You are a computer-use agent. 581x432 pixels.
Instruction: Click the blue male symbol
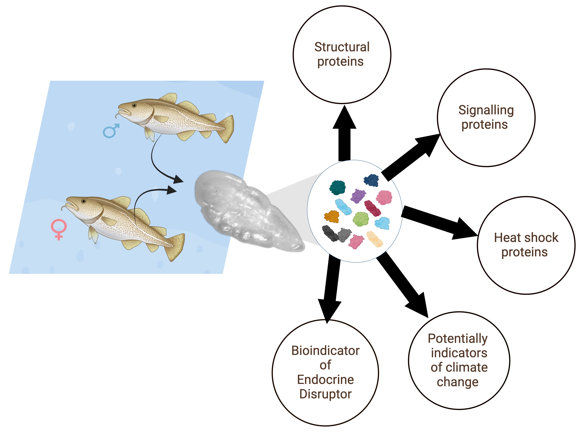click(x=111, y=131)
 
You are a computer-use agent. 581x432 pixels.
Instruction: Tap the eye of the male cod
click(x=134, y=105)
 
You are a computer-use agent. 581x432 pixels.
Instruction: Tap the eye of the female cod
click(x=84, y=201)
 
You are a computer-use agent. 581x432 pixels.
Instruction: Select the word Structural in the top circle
click(x=342, y=47)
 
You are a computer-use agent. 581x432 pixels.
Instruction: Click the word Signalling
click(x=486, y=110)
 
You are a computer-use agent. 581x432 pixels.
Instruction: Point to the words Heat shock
click(x=526, y=238)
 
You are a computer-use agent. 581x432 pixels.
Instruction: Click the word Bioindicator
click(x=326, y=351)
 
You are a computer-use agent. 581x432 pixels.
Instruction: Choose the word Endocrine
click(x=326, y=380)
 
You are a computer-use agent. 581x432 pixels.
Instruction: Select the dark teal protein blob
click(x=337, y=188)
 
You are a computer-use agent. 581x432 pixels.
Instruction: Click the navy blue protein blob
click(x=371, y=180)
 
